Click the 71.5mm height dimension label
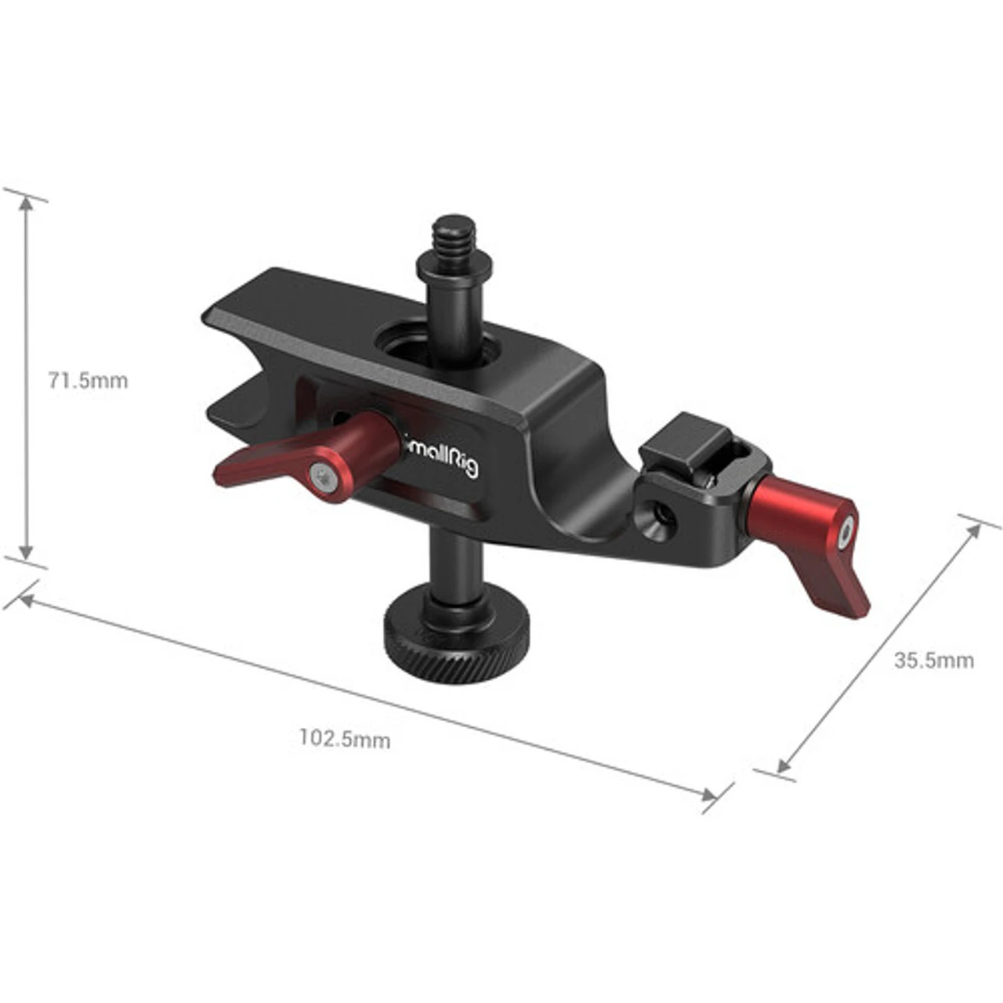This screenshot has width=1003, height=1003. click(88, 381)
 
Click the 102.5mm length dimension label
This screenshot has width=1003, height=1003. click(344, 738)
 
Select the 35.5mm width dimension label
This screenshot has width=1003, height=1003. click(933, 660)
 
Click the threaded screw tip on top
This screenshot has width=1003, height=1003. click(448, 234)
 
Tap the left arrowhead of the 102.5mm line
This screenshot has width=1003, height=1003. click(24, 600)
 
